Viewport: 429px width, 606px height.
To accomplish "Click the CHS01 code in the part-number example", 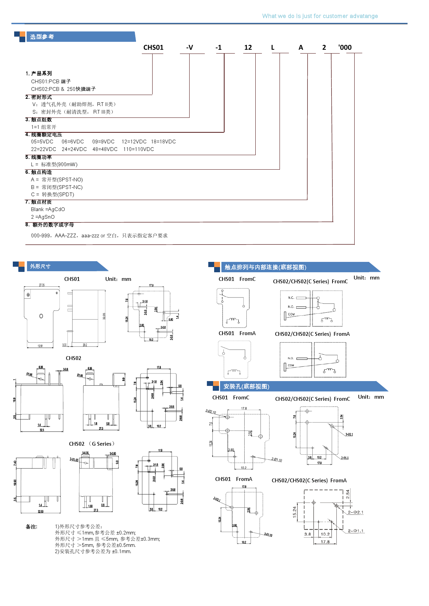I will tap(153, 48).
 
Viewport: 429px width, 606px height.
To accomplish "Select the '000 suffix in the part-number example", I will tap(345, 48).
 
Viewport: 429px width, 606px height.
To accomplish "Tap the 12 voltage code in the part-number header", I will tap(248, 48).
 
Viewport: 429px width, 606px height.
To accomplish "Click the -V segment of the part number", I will tap(190, 48).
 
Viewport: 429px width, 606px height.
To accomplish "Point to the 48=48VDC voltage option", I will tap(105, 149).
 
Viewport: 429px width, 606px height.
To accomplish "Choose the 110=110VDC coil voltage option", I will tap(138, 149).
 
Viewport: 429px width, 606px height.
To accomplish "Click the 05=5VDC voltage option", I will tap(42, 142).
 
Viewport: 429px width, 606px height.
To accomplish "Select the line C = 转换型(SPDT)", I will tap(53, 195).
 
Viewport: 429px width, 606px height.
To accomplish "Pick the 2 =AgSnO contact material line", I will tap(43, 217).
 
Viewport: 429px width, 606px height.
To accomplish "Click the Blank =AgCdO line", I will tap(48, 209).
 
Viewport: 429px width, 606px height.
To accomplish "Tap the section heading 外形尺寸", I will tap(40, 266).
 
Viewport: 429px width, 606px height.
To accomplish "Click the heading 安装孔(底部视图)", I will tap(246, 387).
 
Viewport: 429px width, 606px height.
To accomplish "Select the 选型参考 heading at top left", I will tap(42, 37).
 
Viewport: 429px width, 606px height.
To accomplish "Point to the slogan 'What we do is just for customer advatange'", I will tap(320, 16).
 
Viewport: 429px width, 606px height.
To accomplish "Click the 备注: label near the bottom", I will tap(31, 527).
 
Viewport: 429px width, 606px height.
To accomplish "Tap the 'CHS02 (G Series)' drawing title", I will tap(92, 444).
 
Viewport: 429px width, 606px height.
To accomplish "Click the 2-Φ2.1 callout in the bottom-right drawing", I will tap(356, 512).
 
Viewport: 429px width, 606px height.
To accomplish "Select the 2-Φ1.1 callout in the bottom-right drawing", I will tap(356, 531).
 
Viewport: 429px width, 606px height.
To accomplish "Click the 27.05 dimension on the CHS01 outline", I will tap(42, 285).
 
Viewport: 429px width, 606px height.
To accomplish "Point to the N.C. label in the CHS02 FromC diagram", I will tap(291, 298).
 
